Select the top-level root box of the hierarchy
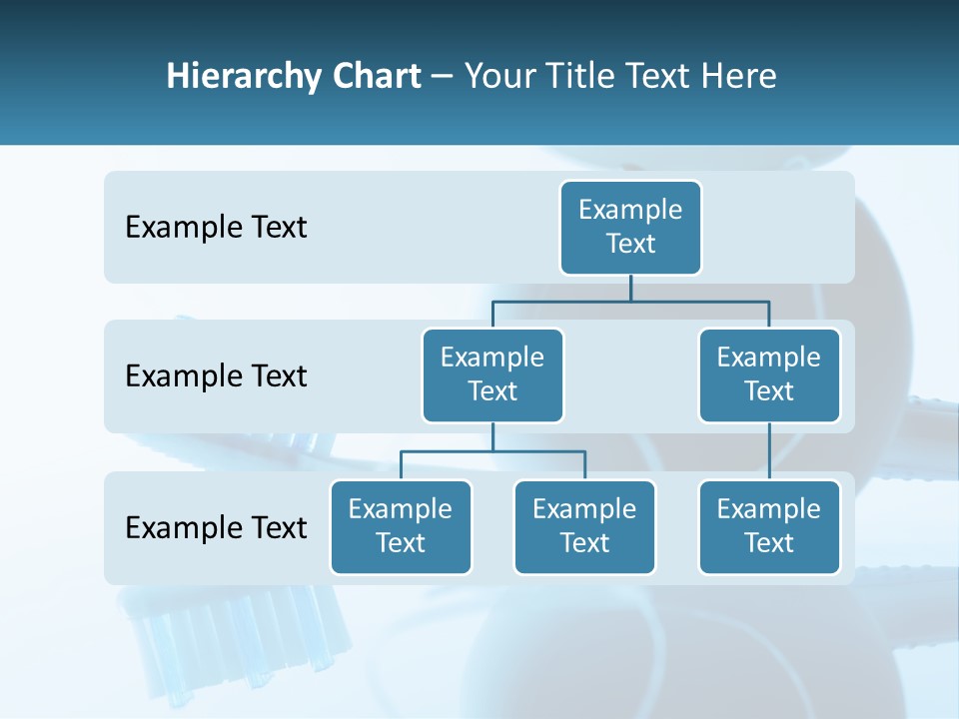(x=630, y=228)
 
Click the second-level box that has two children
(x=492, y=375)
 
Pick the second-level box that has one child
(x=769, y=375)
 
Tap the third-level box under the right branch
(x=769, y=527)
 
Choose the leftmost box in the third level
(x=401, y=527)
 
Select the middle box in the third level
(x=584, y=527)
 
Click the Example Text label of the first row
(x=216, y=228)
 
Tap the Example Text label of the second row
(x=216, y=376)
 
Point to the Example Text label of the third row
(x=216, y=527)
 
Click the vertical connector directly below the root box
(x=630, y=287)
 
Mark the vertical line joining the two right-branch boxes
(x=769, y=451)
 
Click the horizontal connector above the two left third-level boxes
(x=492, y=451)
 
